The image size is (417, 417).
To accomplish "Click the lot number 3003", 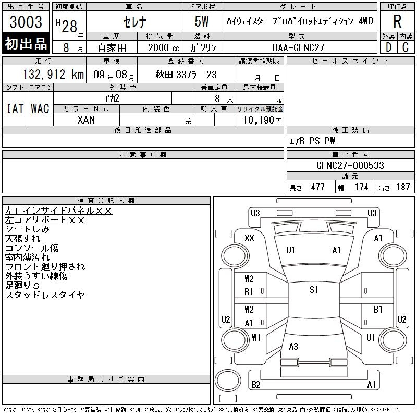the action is pos(26,21).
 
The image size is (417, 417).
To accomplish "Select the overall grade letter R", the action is pos(397,21).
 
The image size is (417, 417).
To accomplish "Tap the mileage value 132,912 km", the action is pos(54,75).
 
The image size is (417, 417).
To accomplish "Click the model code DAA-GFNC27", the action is pos(299,47).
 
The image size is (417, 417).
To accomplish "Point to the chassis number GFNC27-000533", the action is pos(350,165).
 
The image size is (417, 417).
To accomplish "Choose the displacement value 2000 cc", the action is pos(164,47).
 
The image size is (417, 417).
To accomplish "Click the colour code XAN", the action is pos(86,120).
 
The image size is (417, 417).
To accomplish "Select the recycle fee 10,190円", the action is pos(262,120).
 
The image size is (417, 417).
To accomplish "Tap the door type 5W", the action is pos(202,21).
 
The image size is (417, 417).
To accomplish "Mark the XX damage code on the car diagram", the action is pos(249,238).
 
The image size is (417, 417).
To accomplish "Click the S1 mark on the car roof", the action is pos(314,290).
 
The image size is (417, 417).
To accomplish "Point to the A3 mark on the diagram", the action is pos(293,346).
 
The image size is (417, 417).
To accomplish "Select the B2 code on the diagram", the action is pos(255,385).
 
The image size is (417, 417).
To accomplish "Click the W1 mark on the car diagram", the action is pos(256,337).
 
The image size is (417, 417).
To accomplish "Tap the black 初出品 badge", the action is pos(26,43).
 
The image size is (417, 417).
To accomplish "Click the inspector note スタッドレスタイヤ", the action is pos(45,295).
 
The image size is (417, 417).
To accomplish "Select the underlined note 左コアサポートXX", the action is pos(45,220).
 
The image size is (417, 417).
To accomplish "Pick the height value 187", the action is pos(403,187).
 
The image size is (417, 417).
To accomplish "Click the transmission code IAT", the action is pos(15,108).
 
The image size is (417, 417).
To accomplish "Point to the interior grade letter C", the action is pos(406,47).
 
